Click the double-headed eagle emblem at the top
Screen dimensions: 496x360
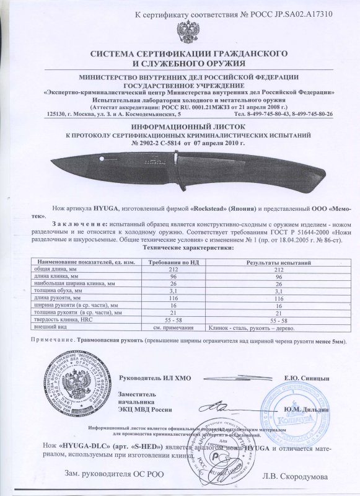185,31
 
